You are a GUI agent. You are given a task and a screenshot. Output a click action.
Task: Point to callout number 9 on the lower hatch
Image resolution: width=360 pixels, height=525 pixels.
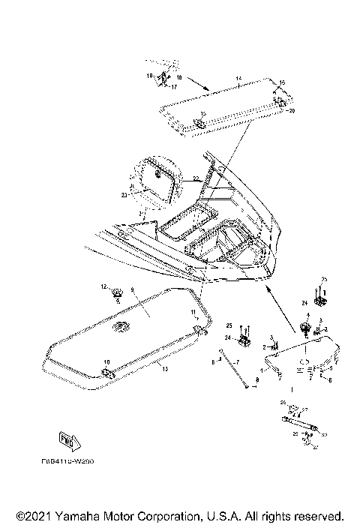(133, 289)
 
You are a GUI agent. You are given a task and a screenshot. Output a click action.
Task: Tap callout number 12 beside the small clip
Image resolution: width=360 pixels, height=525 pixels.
(104, 286)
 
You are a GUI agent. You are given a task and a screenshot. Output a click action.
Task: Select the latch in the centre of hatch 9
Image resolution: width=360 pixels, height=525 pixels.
(119, 328)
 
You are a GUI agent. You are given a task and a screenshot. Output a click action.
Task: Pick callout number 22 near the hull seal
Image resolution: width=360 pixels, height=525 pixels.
(193, 178)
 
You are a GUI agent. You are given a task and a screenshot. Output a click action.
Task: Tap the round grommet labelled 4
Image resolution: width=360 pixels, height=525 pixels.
(305, 326)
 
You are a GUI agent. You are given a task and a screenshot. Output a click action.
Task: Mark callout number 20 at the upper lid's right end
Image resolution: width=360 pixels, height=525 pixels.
(292, 110)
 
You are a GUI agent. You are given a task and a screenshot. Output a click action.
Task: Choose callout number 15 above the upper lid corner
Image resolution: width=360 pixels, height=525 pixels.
(282, 82)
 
